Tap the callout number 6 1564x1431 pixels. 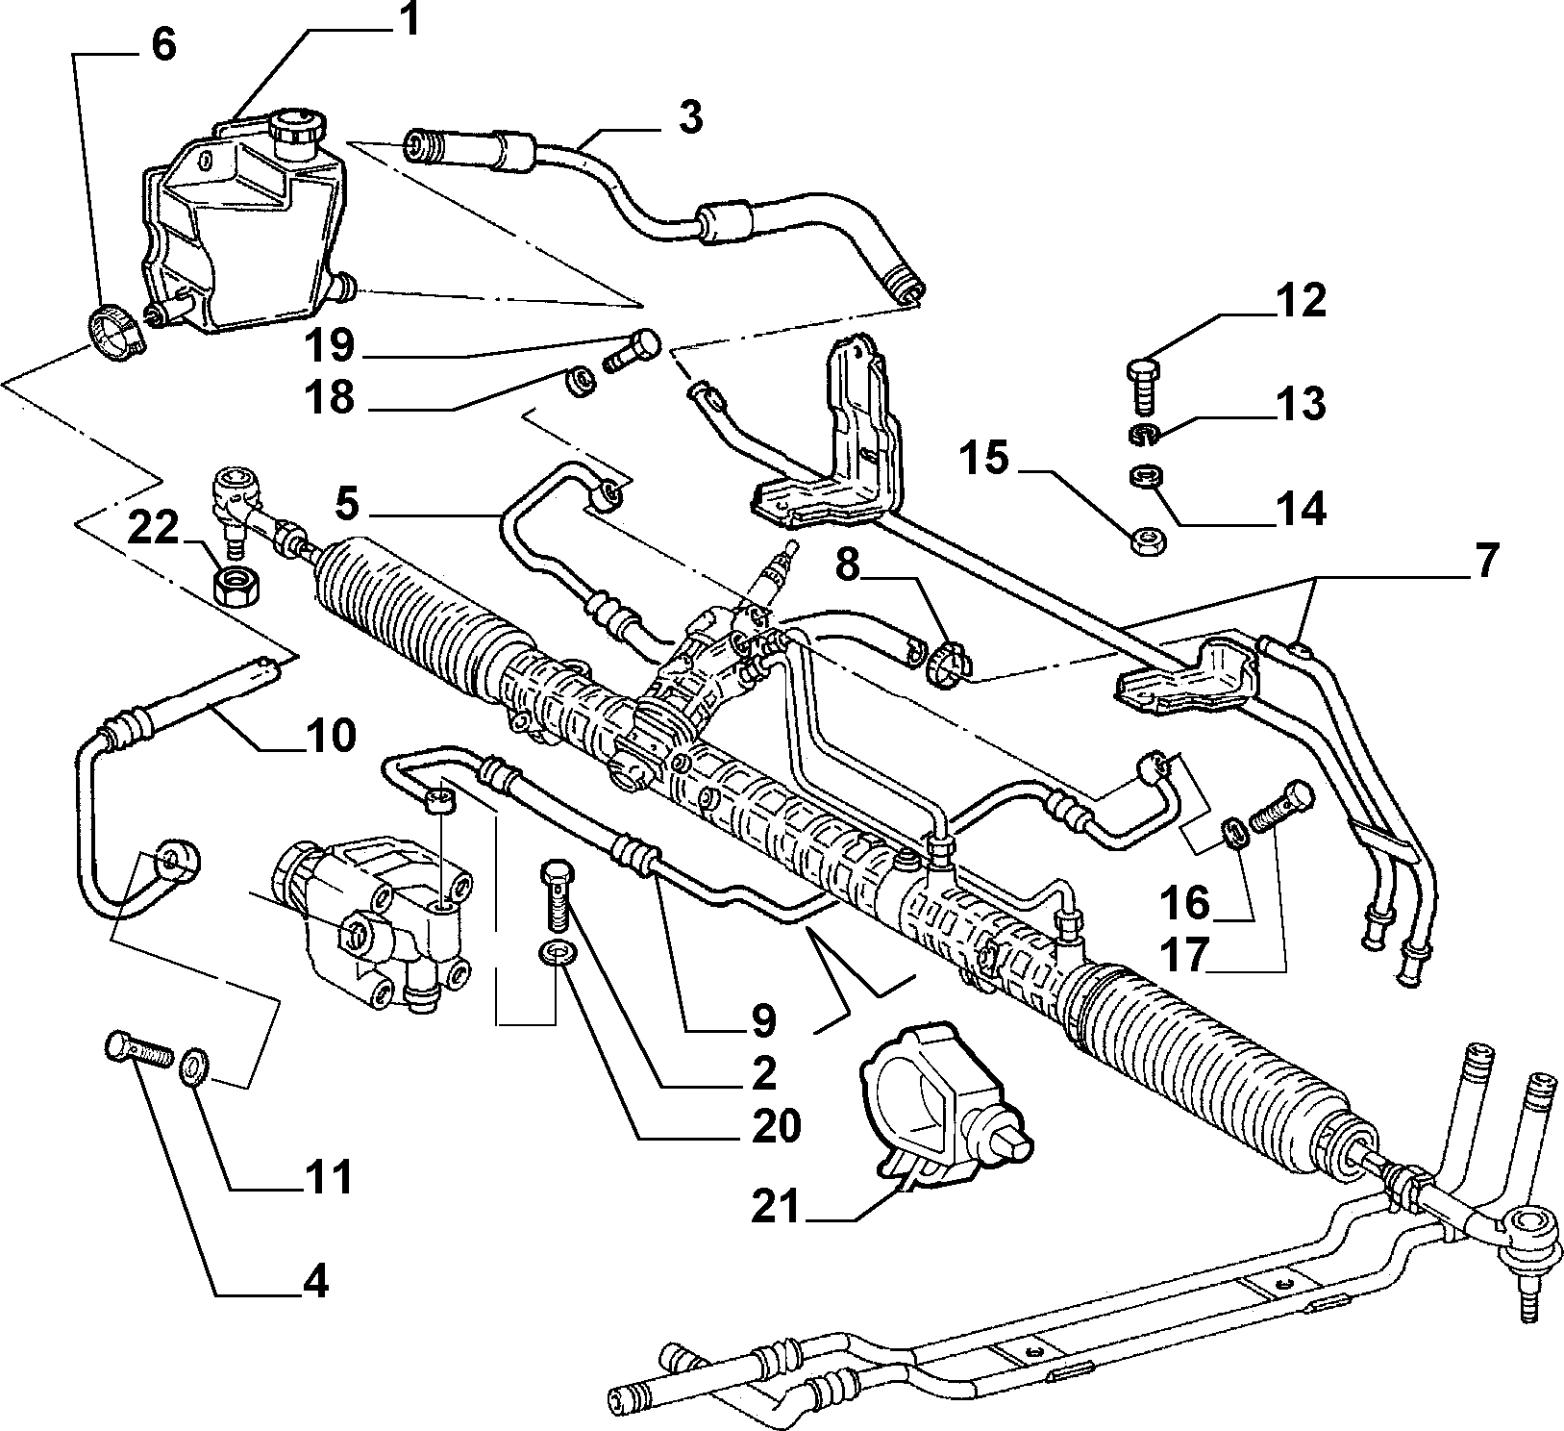(164, 44)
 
